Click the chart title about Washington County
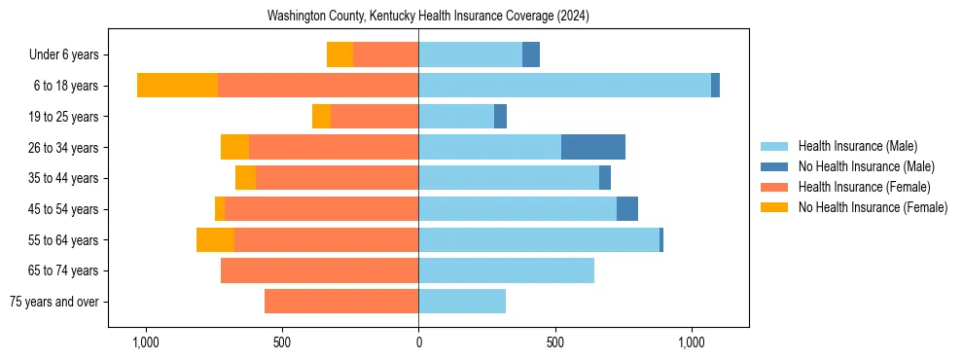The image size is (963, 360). coord(428,17)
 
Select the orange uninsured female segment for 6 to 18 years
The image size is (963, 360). coord(177,86)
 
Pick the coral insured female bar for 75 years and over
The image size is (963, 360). coord(341,302)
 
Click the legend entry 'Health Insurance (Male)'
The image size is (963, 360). coord(857,146)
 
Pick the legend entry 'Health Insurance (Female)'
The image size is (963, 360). coord(864,187)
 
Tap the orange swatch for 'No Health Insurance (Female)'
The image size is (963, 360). coord(776,207)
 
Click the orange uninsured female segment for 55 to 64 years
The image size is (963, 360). coord(215,239)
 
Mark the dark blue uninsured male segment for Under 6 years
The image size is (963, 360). coord(531,54)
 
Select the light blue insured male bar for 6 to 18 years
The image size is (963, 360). coord(564,86)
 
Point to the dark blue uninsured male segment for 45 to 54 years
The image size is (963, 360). coord(627,209)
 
